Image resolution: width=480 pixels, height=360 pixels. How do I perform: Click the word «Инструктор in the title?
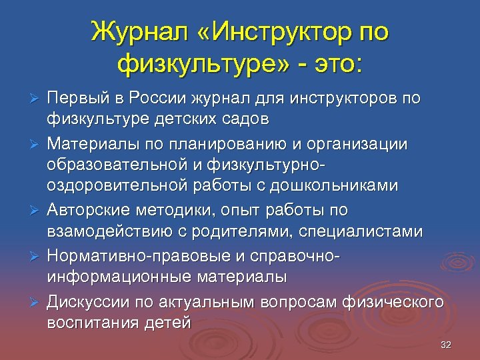(270, 31)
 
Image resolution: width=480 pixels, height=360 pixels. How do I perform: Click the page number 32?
(446, 345)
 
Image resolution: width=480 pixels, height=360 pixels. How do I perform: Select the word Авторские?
(85, 210)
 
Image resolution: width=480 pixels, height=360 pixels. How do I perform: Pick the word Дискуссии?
(86, 301)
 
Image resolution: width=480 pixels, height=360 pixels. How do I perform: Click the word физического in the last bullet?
(393, 301)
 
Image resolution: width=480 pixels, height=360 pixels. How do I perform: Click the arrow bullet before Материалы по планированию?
(37, 143)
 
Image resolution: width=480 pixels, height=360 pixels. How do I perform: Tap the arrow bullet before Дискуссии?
(37, 301)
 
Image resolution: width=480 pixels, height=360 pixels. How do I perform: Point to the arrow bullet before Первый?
(37, 98)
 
